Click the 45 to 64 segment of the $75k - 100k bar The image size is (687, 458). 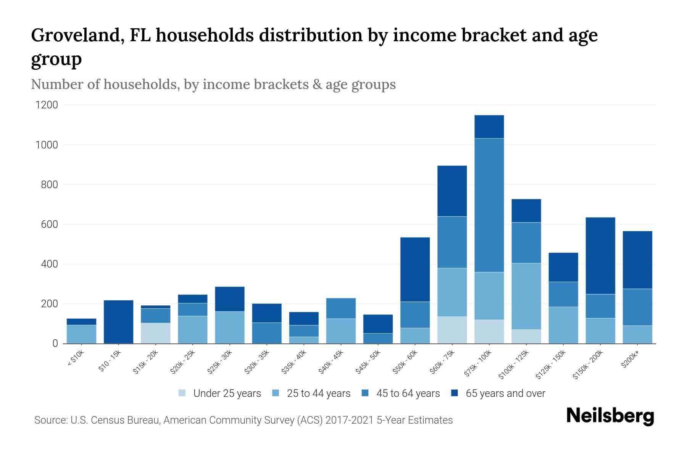click(489, 205)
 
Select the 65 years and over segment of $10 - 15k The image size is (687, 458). click(118, 322)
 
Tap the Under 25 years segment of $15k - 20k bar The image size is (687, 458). click(155, 333)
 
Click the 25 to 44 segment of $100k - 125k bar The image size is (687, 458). click(526, 296)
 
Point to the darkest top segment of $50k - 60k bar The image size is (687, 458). click(415, 269)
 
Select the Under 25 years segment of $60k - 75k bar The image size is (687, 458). click(452, 330)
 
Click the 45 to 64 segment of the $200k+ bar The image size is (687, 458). click(637, 307)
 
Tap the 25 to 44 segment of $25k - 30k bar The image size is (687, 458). click(230, 327)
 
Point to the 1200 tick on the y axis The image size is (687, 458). click(47, 105)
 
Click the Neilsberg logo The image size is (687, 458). click(610, 416)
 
